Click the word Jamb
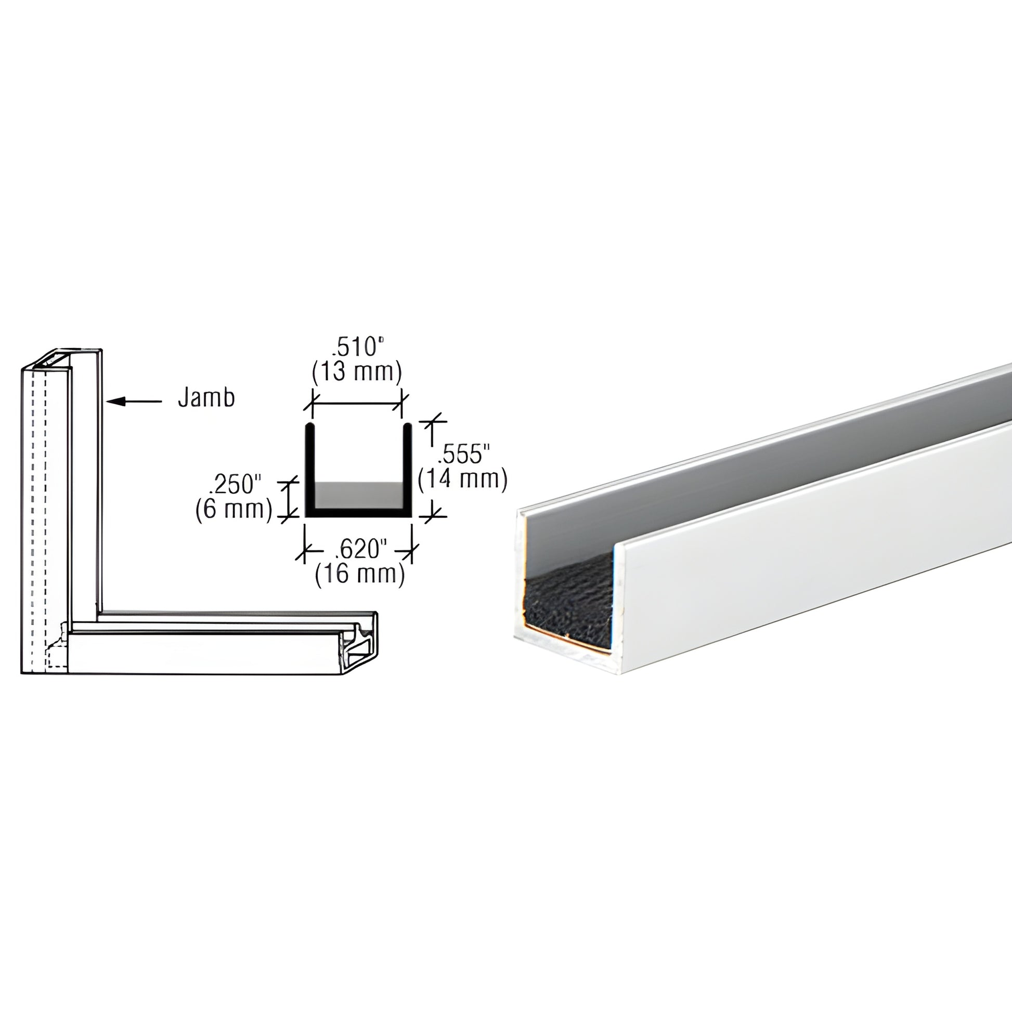tap(206, 399)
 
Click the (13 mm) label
tap(357, 371)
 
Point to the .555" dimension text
tap(463, 454)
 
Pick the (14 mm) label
tap(463, 479)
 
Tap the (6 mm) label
tap(233, 509)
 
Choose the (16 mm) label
tap(360, 575)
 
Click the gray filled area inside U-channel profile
tap(358, 494)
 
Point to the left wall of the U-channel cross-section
tap(309, 466)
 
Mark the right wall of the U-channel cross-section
tap(407, 466)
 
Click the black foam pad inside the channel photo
tap(568, 602)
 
